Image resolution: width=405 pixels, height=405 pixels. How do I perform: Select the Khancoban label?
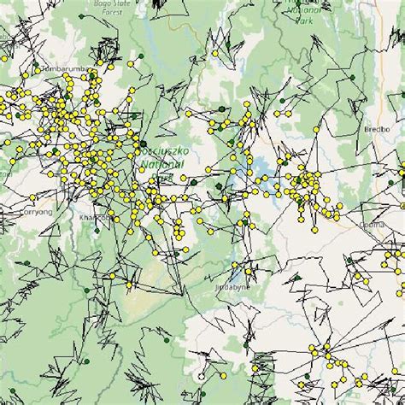[x=95, y=218]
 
